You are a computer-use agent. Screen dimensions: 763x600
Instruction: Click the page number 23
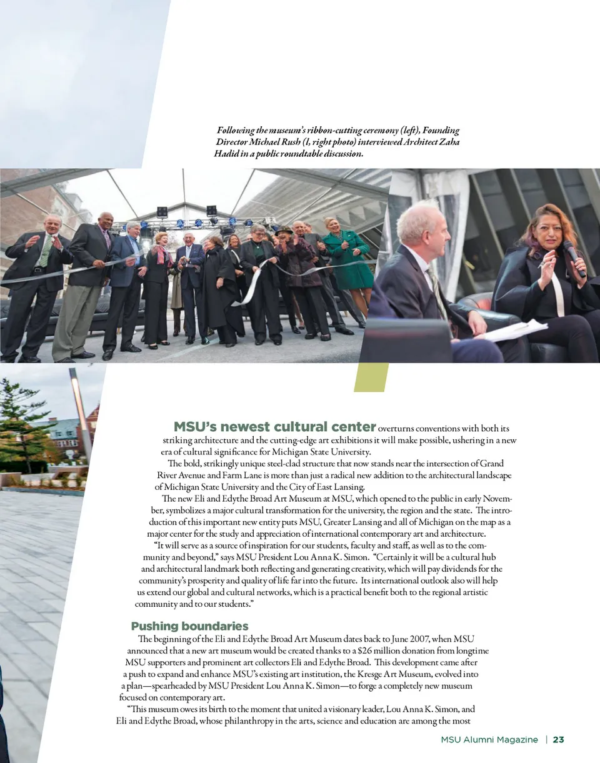pyautogui.click(x=558, y=740)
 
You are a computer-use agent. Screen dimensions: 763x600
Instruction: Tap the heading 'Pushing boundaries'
pyautogui.click(x=189, y=626)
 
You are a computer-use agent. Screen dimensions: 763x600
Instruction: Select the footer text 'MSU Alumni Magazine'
pyautogui.click(x=489, y=740)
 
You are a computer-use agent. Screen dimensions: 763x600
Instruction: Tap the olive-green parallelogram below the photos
pyautogui.click(x=371, y=377)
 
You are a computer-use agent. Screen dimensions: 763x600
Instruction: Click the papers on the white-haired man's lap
pyautogui.click(x=514, y=329)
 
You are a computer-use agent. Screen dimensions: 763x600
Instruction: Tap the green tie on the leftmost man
pyautogui.click(x=44, y=250)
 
